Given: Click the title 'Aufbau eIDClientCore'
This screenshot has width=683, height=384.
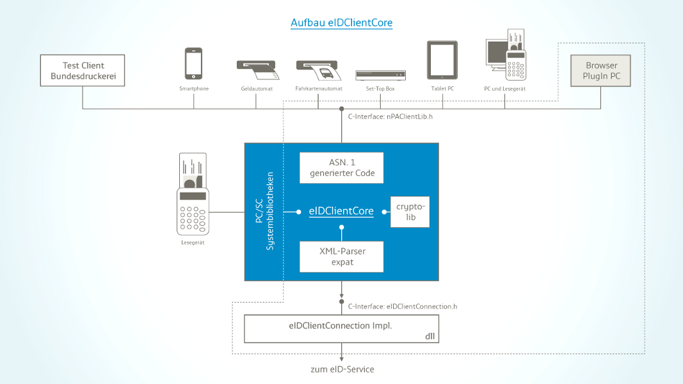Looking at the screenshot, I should pos(341,23).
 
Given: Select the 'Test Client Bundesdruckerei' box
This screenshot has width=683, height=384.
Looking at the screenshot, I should pos(82,71).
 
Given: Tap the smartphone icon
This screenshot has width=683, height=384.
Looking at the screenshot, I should pos(193,64).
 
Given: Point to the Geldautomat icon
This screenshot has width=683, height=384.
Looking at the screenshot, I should pos(256,69).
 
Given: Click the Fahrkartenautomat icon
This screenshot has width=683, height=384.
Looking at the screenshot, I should pos(318,69).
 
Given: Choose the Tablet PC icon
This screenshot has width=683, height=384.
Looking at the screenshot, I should pos(442,61).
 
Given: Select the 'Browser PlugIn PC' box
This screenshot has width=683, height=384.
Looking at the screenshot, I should pos(601,71).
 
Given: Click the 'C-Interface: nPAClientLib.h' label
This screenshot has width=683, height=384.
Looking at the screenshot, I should pos(390,118).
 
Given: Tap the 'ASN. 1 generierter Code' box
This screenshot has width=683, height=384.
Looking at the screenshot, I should pos(342,168).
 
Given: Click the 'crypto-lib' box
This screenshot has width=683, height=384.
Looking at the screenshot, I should pos(410,212).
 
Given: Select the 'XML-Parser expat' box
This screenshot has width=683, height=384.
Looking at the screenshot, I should pos(342,257).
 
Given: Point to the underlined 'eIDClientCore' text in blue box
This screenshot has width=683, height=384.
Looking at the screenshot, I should pos(341,211).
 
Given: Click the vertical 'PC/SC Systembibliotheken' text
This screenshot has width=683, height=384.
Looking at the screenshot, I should pos(264,211).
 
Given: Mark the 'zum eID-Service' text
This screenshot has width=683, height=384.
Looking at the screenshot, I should pos(342,369).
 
